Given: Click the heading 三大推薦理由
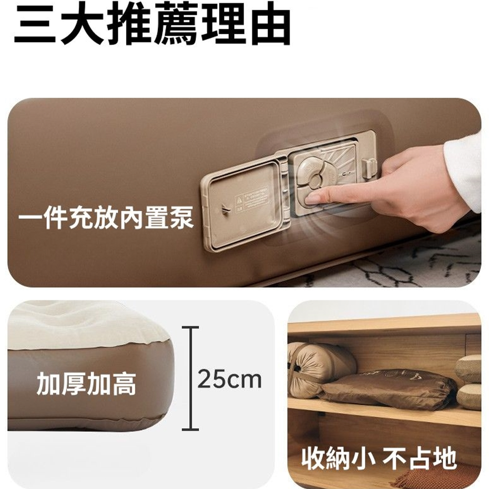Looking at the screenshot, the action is coord(153,23).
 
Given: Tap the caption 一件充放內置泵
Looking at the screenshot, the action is coord(106,218).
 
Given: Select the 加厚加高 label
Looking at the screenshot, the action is coord(87,384).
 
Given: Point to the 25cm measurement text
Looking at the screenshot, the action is coord(229,379).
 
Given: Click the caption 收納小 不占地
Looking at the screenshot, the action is coord(379,459).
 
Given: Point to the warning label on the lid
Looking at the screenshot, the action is coord(251,199).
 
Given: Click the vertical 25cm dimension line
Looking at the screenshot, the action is coord(190,378).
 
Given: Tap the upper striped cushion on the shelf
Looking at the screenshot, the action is coord(469,368).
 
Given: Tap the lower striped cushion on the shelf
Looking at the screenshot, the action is coord(469,396).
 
